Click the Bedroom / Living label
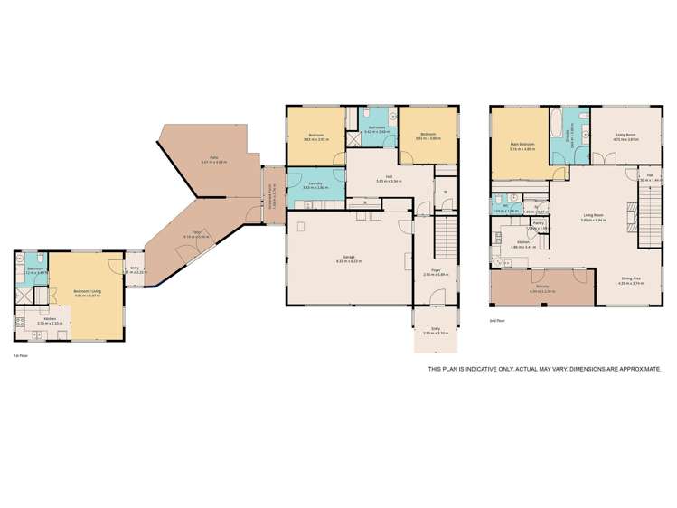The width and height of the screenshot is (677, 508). [x=87, y=291]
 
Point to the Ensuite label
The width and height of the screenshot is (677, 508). [x=568, y=136]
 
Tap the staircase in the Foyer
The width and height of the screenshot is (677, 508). [x=444, y=240]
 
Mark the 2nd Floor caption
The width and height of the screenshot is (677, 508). [x=495, y=321]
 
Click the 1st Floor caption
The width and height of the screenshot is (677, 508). [x=19, y=355]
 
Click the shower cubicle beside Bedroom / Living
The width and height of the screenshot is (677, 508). [x=25, y=295]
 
